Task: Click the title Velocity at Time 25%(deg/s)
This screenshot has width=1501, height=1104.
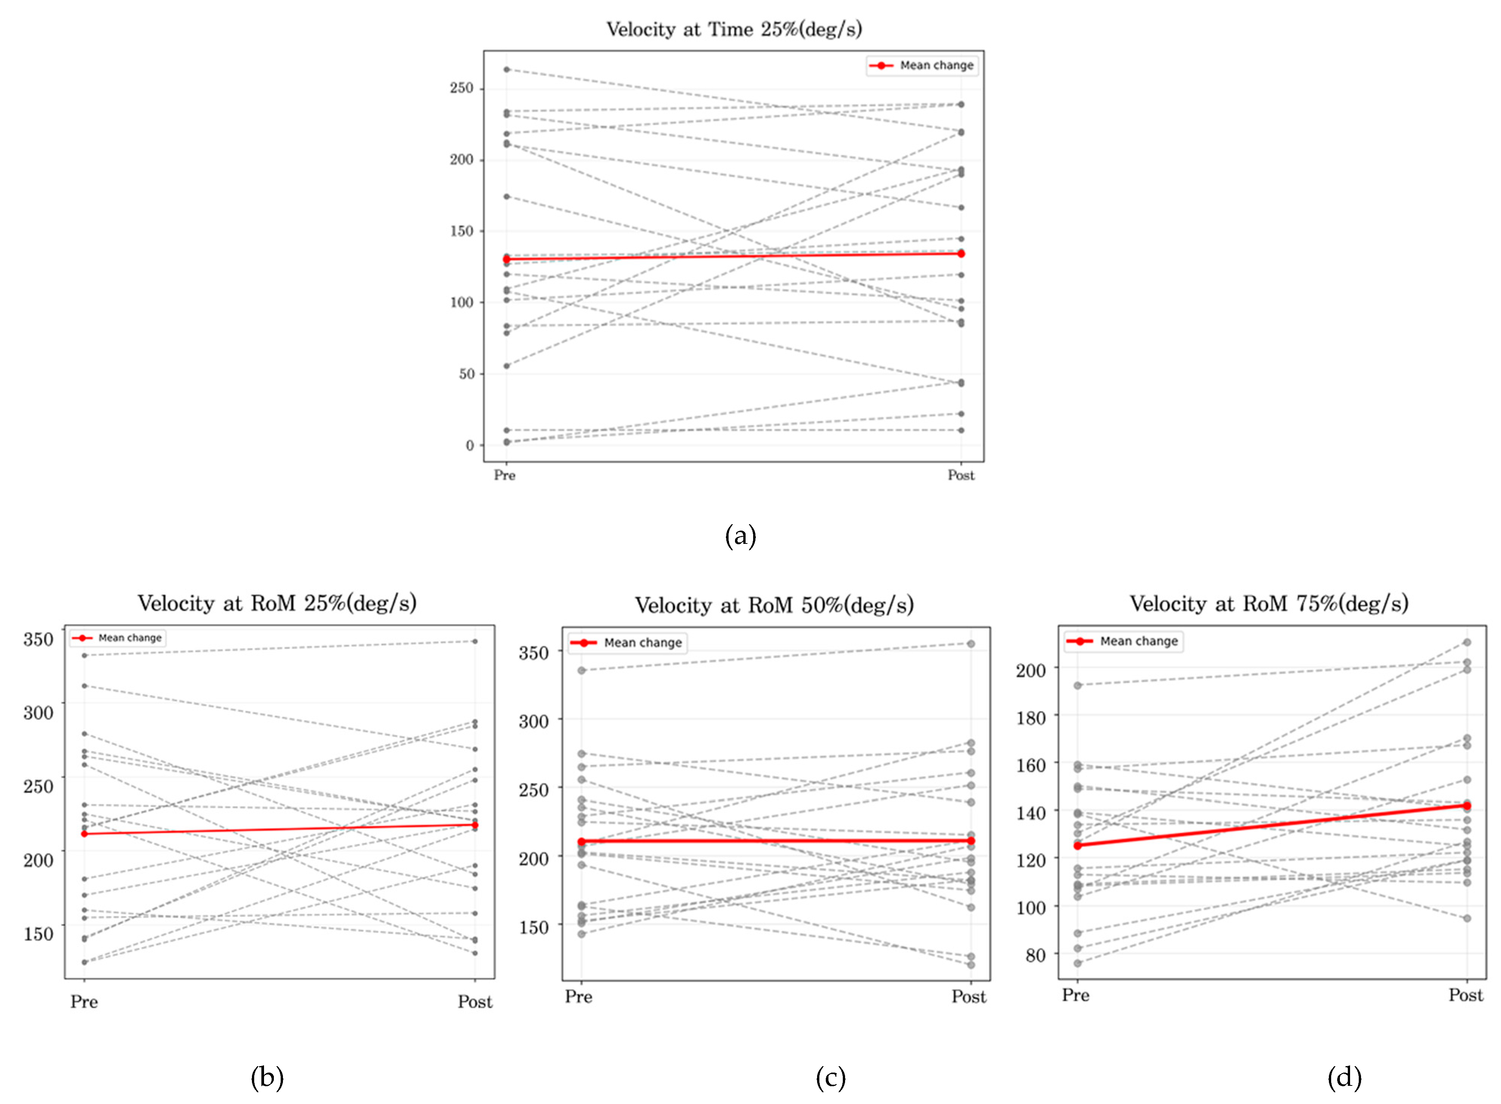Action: pyautogui.click(x=733, y=30)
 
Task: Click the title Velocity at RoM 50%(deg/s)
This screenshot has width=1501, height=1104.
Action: pyautogui.click(x=774, y=606)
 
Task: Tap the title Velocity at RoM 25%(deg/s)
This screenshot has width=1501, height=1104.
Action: pyautogui.click(x=277, y=603)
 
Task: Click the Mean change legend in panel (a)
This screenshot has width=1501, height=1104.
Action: pyautogui.click(x=922, y=65)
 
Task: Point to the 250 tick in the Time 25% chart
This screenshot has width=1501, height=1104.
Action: pyautogui.click(x=461, y=88)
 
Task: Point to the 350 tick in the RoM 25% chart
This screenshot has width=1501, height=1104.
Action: pyautogui.click(x=38, y=640)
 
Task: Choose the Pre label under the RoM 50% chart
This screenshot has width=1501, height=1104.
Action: pyautogui.click(x=578, y=997)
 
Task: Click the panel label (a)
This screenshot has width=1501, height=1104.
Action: pyautogui.click(x=740, y=536)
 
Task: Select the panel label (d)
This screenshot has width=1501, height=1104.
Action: pyautogui.click(x=1344, y=1077)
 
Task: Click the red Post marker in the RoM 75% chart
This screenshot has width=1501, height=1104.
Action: pyautogui.click(x=1466, y=806)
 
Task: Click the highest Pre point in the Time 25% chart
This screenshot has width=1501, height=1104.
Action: pyautogui.click(x=507, y=70)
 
